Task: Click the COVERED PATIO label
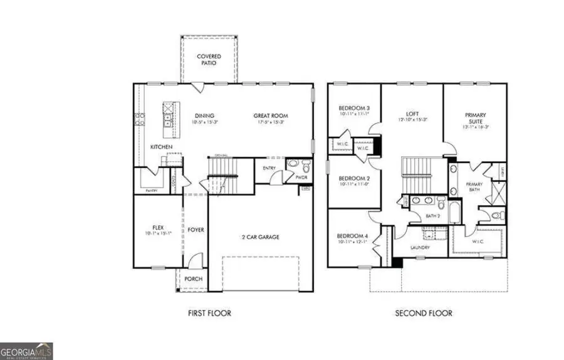tap(209, 60)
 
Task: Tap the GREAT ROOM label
tap(270, 116)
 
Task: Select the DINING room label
tap(204, 116)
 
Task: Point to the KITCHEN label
tap(161, 147)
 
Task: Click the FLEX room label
tap(158, 228)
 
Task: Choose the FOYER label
tap(196, 230)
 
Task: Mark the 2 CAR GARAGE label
tap(261, 237)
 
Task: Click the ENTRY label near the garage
tap(269, 167)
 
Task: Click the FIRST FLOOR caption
tap(209, 313)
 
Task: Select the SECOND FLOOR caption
tap(423, 313)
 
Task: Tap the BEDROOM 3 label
tap(354, 107)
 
